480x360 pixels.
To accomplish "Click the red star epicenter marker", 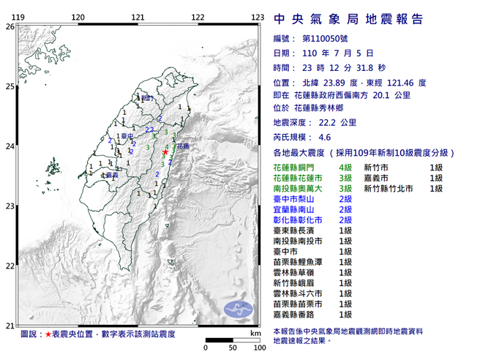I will click(x=165, y=151).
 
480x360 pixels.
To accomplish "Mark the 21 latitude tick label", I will click(x=10, y=326).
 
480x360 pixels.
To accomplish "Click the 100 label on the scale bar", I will click(x=258, y=348).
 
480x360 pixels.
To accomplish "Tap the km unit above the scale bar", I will click(x=255, y=333).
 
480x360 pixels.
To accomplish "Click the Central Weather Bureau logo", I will click(x=237, y=307).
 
